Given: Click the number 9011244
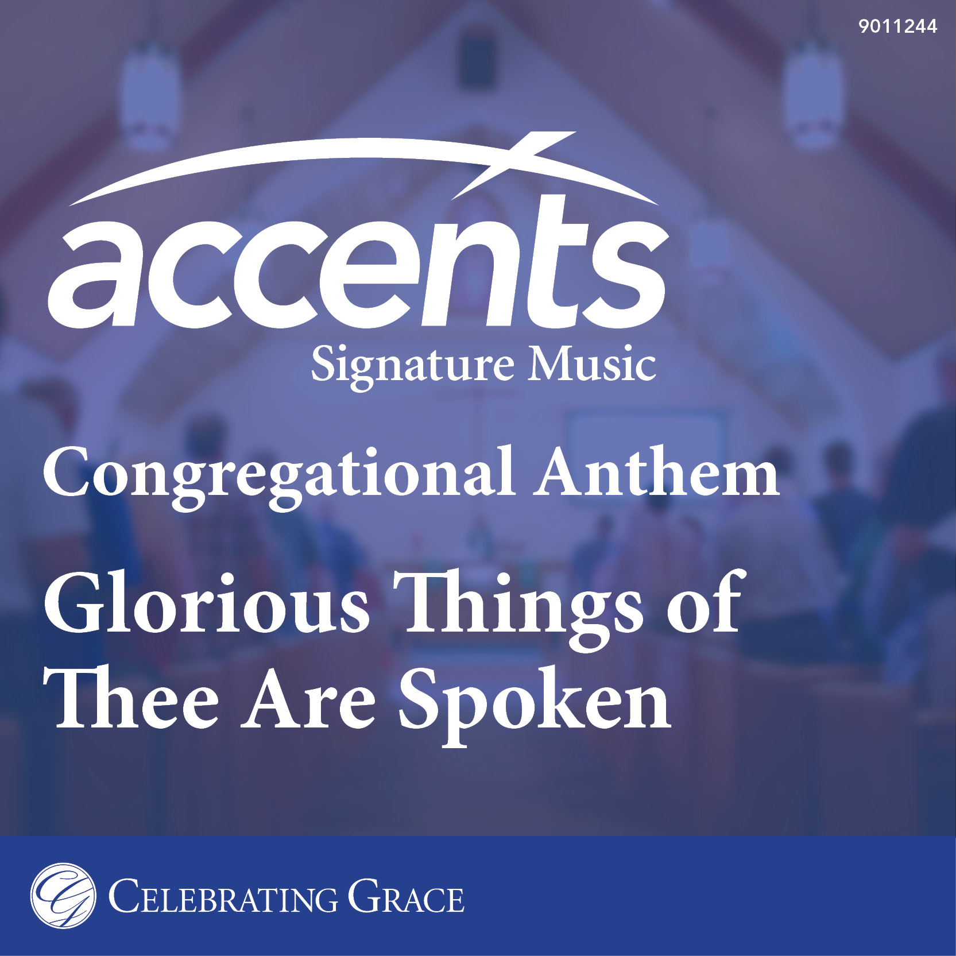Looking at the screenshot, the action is pos(897,26).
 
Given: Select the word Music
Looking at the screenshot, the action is pos(592,364).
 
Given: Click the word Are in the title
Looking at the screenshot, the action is pos(309,699).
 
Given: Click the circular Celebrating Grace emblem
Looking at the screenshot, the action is pos(63,896).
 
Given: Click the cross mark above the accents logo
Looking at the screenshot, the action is pos(514,165).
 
